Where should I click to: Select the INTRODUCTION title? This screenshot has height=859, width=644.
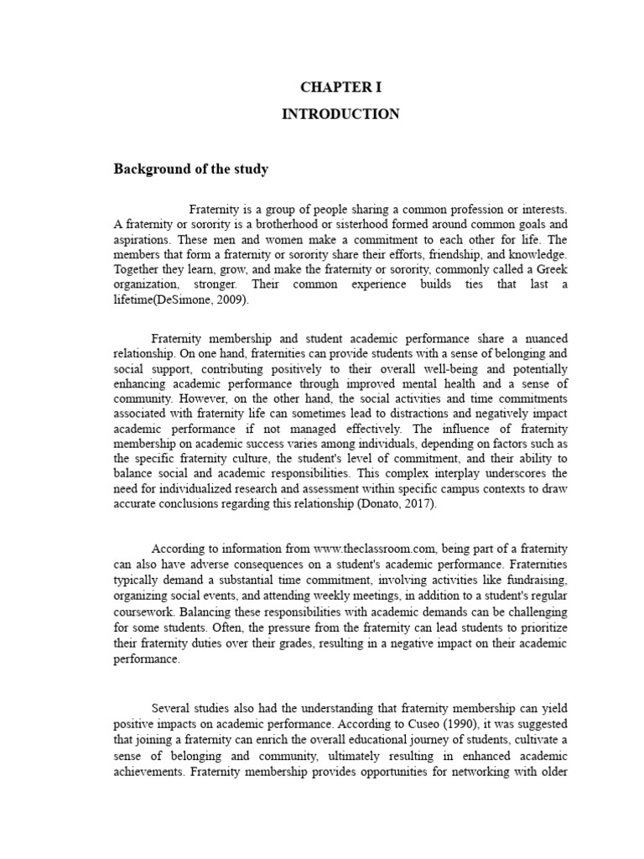coord(340,114)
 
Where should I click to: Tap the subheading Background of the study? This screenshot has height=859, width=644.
coord(191,169)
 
